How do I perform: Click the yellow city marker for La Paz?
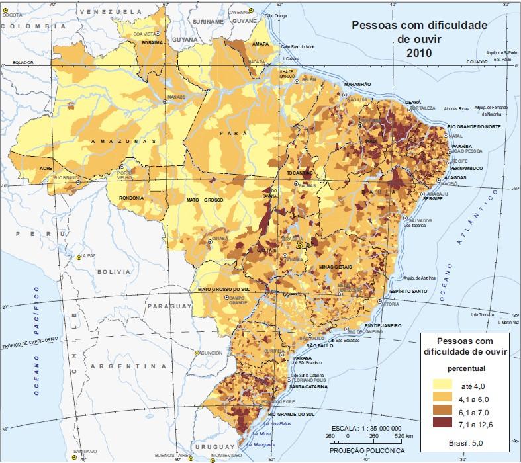tap(77, 257)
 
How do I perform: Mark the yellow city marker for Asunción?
tap(197, 353)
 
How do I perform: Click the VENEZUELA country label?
tap(110, 12)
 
